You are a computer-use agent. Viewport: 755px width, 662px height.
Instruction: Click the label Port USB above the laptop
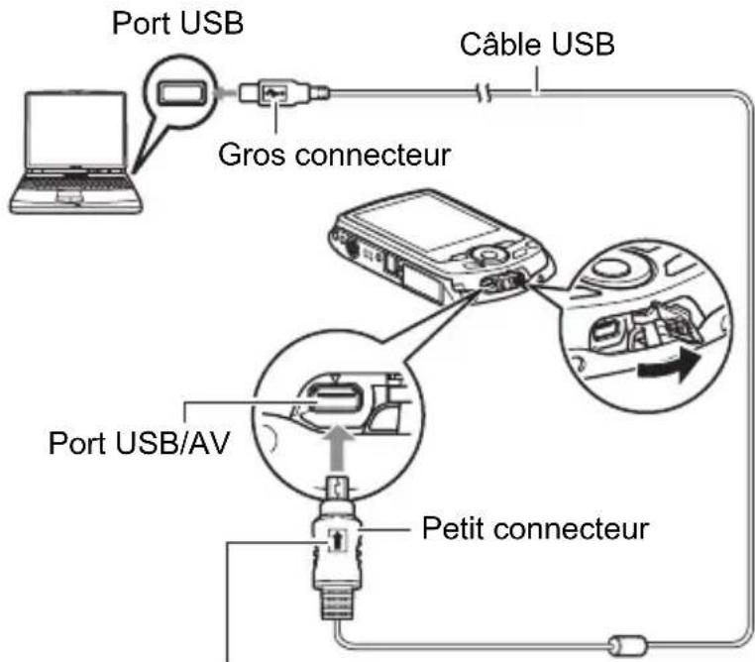(x=177, y=22)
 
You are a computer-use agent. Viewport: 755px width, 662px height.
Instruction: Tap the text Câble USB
(x=537, y=44)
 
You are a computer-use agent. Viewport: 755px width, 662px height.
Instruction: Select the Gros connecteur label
(x=334, y=155)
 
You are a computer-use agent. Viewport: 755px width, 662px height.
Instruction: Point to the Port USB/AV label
(x=139, y=443)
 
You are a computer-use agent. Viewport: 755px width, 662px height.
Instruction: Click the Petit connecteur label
(x=535, y=528)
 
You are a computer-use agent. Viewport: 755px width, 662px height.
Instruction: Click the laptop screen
(x=76, y=129)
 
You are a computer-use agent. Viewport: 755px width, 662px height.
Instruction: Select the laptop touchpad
(x=68, y=197)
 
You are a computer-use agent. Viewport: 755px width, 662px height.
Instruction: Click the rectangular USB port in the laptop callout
(x=180, y=92)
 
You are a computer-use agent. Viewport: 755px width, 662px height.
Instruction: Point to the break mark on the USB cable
(x=484, y=93)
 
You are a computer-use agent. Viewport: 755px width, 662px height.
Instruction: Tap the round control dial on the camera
(x=487, y=255)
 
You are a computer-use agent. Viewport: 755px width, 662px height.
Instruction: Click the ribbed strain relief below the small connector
(x=337, y=603)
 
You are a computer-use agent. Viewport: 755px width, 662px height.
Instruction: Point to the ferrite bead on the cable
(x=627, y=645)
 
